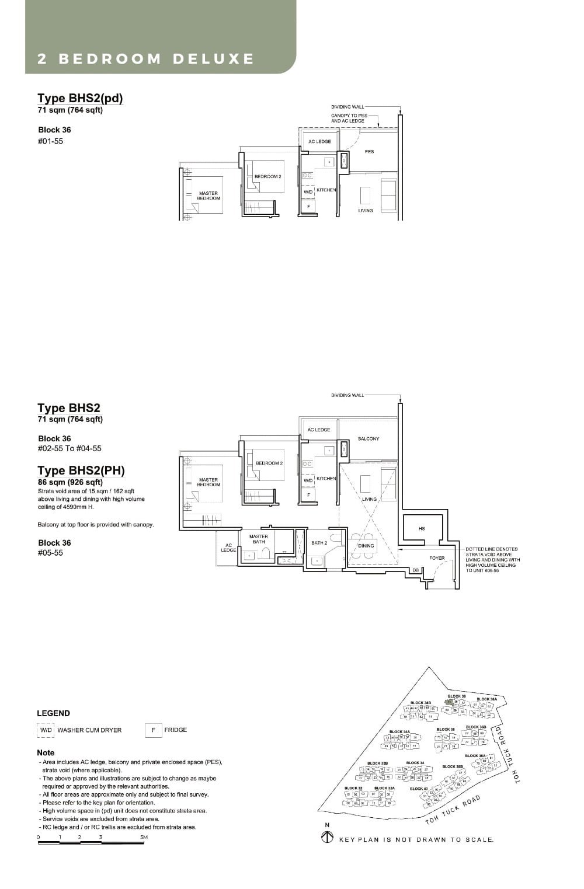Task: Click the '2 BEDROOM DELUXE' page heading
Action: (145, 59)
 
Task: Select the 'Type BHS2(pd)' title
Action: (80, 98)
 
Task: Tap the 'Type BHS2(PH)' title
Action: (81, 470)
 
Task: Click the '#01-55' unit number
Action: (50, 141)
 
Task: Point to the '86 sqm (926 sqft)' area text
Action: (70, 482)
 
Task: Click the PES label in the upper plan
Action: (369, 152)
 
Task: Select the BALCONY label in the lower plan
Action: (369, 438)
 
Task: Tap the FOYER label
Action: (437, 558)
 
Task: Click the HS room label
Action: (422, 529)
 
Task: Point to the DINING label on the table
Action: (366, 546)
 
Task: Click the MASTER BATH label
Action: (258, 539)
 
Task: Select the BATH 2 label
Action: (319, 543)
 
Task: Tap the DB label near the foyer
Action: (415, 570)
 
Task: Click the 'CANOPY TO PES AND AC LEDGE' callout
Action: (349, 118)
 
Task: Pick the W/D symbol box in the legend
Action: (46, 730)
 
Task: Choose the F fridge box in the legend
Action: (153, 730)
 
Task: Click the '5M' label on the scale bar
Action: (144, 837)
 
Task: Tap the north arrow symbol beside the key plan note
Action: (327, 838)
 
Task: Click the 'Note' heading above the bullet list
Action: (46, 752)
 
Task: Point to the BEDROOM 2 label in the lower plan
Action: (269, 463)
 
